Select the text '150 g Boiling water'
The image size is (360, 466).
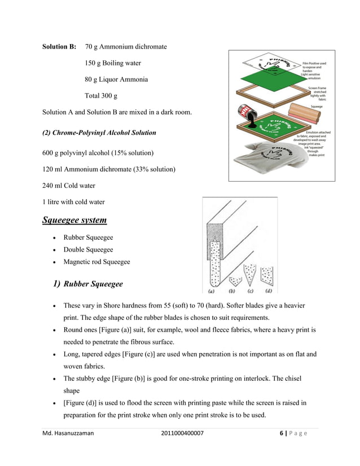pos(113,63)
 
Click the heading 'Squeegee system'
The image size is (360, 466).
pos(74,219)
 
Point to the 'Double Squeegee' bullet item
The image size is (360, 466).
pos(88,249)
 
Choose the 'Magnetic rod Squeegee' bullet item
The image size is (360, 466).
pos(96,262)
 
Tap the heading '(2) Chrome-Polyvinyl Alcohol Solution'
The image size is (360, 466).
pos(99,133)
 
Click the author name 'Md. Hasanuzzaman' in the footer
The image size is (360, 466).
pos(68,433)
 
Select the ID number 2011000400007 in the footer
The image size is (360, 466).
pos(182,433)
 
